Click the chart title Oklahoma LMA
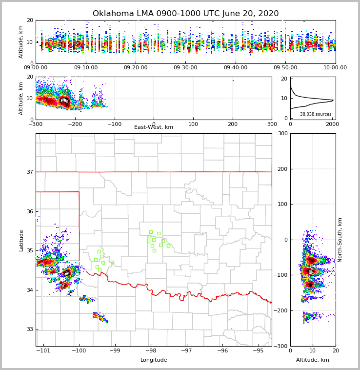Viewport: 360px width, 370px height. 185,14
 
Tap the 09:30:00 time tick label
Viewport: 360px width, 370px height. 186,68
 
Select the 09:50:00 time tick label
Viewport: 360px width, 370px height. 285,68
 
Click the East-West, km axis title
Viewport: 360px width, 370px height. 154,127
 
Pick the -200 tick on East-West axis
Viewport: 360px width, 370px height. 75,124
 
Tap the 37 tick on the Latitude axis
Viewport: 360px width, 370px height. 29,172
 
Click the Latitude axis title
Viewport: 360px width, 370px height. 21,240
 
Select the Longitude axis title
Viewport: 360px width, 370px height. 154,360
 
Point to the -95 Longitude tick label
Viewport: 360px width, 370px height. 258,350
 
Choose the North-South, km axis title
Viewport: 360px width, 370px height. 340,240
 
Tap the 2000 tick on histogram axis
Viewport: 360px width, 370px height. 332,124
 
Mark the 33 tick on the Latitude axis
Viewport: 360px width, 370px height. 29,329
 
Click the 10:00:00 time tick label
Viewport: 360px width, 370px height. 335,68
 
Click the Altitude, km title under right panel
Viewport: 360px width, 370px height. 313,360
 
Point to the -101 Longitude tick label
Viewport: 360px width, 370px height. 44,350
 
